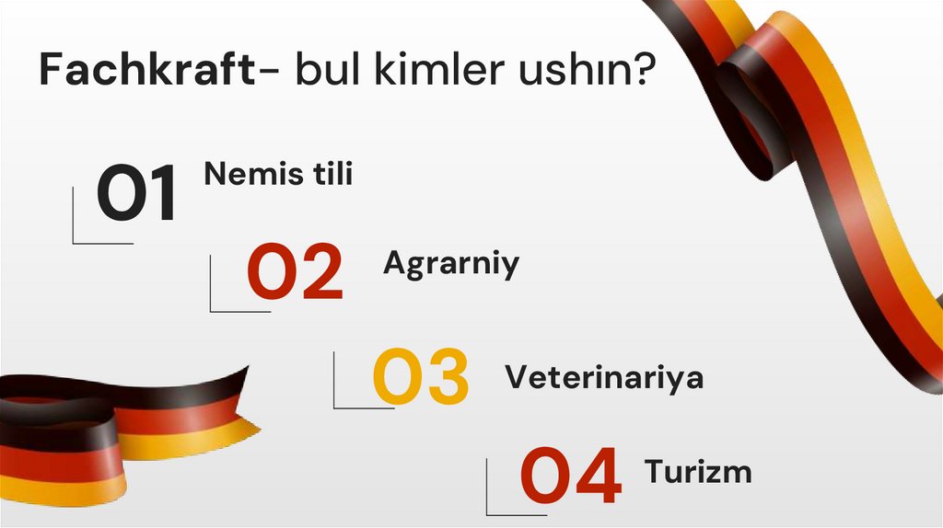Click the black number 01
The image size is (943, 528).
click(x=138, y=194)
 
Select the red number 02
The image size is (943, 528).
click(x=295, y=274)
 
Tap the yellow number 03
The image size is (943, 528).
click(x=421, y=377)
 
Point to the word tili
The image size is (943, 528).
click(x=329, y=174)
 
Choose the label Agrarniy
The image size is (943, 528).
click(x=451, y=264)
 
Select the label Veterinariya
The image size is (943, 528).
click(x=604, y=377)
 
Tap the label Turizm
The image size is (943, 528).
click(x=698, y=472)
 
